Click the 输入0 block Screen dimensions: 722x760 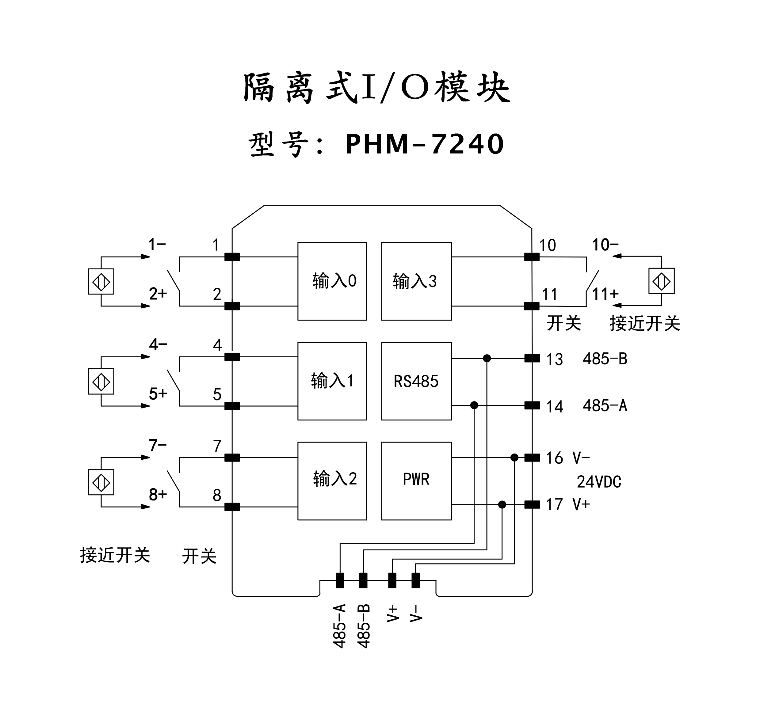(x=332, y=281)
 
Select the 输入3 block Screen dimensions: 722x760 (x=416, y=281)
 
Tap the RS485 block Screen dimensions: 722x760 (x=416, y=381)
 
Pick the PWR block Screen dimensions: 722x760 (x=416, y=481)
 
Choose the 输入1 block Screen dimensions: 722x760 (x=332, y=381)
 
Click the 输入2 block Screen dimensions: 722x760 (x=332, y=481)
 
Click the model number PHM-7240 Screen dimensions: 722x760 (x=424, y=144)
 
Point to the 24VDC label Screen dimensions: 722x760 (x=599, y=482)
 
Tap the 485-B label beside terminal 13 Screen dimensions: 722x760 (x=605, y=359)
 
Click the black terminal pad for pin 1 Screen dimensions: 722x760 (x=232, y=257)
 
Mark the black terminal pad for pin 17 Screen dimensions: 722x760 (x=532, y=504)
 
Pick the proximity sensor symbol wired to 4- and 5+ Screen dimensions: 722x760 (x=101, y=382)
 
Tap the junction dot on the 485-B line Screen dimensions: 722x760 (x=487, y=358)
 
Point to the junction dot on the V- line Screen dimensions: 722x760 (x=514, y=458)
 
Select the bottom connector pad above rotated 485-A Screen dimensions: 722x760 (x=340, y=580)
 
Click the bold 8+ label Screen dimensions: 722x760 (x=158, y=495)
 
